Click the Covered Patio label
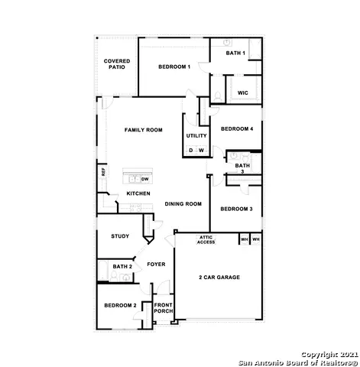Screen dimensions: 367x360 point(117,63)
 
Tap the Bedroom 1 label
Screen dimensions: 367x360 point(174,67)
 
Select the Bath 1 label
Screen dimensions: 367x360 point(235,53)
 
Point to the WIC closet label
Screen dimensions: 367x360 point(242,93)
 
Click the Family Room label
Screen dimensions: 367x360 point(144,130)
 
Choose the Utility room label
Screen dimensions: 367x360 point(196,135)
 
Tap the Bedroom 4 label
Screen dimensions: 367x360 point(236,130)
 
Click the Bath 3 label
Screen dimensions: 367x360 point(242,168)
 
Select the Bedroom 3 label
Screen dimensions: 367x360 point(236,209)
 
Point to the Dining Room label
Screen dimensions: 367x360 point(183,204)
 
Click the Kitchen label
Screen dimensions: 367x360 point(138,193)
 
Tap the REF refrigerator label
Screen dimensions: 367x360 point(103,173)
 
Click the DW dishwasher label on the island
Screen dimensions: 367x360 point(144,178)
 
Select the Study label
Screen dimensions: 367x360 point(119,236)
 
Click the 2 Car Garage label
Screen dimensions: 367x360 point(219,277)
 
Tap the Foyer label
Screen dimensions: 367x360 point(156,265)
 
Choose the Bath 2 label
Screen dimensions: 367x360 point(122,267)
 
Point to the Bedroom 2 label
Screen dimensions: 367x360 point(120,306)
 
